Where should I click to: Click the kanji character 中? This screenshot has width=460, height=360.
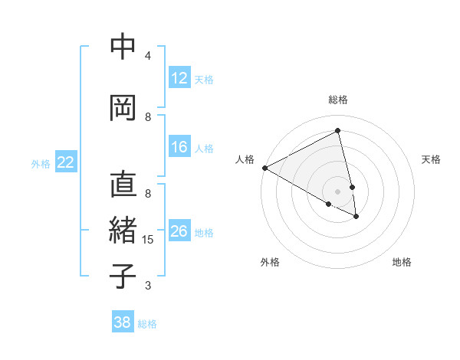[x=123, y=47]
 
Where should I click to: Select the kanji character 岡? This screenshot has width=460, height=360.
[x=123, y=108]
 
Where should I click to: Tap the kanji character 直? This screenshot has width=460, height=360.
[x=123, y=185]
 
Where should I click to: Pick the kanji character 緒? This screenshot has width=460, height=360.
[x=123, y=231]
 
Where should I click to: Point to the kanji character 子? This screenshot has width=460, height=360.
[x=123, y=276]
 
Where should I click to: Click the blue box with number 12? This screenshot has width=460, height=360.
[x=179, y=78]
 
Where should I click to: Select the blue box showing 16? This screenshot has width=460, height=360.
[x=179, y=147]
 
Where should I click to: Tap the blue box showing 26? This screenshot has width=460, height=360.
[x=179, y=231]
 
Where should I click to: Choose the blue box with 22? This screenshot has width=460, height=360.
[x=66, y=162]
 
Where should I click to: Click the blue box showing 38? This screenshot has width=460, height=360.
[x=123, y=322]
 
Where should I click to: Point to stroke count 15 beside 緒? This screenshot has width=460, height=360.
[x=149, y=240]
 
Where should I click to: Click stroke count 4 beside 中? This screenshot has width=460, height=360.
[x=148, y=56]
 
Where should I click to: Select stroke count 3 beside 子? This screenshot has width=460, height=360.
[x=148, y=286]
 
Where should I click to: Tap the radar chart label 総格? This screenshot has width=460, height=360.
[x=338, y=100]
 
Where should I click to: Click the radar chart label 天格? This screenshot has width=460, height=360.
[x=431, y=159]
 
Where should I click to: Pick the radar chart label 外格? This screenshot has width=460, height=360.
[x=270, y=262]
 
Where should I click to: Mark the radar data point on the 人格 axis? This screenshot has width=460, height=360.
[x=264, y=168]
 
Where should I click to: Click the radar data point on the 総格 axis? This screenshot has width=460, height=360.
[x=338, y=131]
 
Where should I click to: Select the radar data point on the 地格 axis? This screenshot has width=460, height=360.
[x=356, y=217]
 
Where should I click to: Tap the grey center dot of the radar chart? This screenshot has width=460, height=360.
[x=338, y=191]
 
